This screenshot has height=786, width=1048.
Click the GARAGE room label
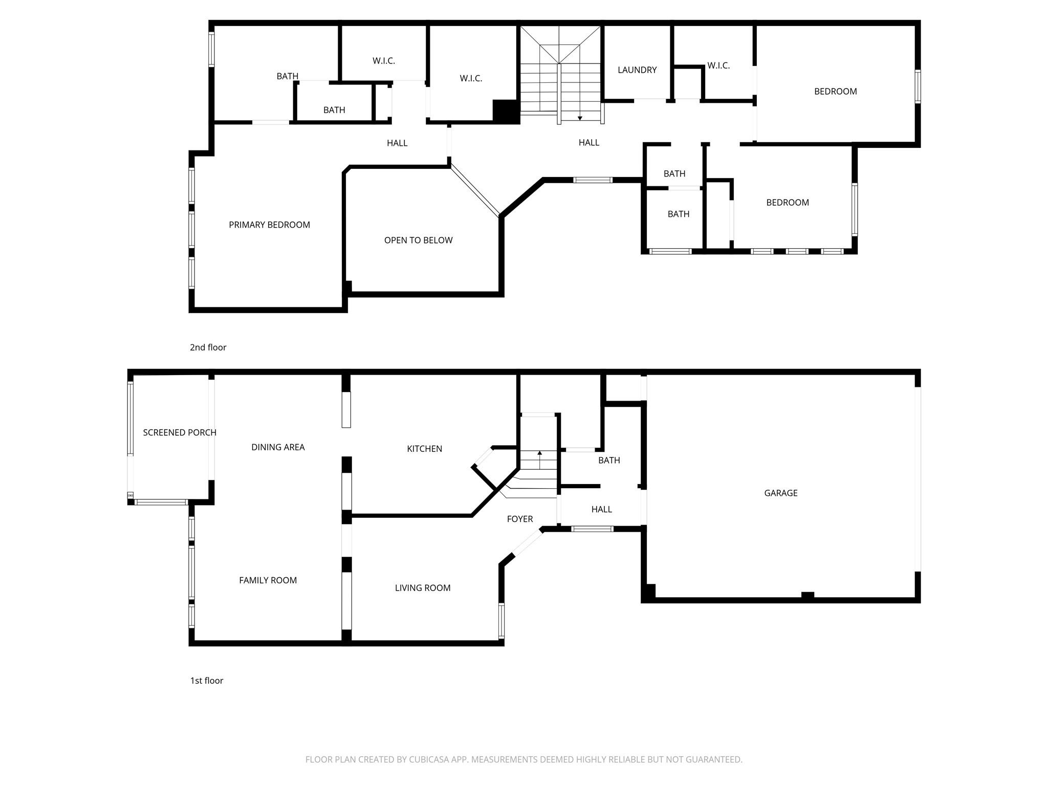click(780, 493)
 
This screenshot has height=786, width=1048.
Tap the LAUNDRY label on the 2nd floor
click(637, 70)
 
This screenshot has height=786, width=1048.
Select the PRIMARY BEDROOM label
click(269, 225)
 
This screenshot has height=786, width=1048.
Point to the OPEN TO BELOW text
click(418, 240)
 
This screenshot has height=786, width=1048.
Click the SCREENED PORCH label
click(179, 432)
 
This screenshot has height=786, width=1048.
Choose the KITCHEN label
click(424, 449)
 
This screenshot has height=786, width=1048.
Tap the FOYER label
click(519, 519)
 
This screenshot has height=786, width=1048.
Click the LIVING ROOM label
click(422, 588)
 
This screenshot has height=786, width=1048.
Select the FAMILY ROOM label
click(268, 580)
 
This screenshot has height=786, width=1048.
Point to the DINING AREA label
click(278, 447)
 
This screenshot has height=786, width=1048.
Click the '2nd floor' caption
click(208, 347)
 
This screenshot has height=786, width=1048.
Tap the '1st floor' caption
click(207, 681)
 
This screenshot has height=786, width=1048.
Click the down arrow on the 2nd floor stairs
click(580, 118)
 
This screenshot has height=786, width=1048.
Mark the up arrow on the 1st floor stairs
click(539, 453)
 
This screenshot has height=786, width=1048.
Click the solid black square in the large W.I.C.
click(506, 111)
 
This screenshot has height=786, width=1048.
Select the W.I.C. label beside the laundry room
click(718, 65)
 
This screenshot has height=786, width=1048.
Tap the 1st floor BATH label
click(609, 461)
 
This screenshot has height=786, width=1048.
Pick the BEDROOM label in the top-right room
click(835, 92)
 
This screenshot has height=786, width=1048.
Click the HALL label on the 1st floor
click(601, 509)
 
